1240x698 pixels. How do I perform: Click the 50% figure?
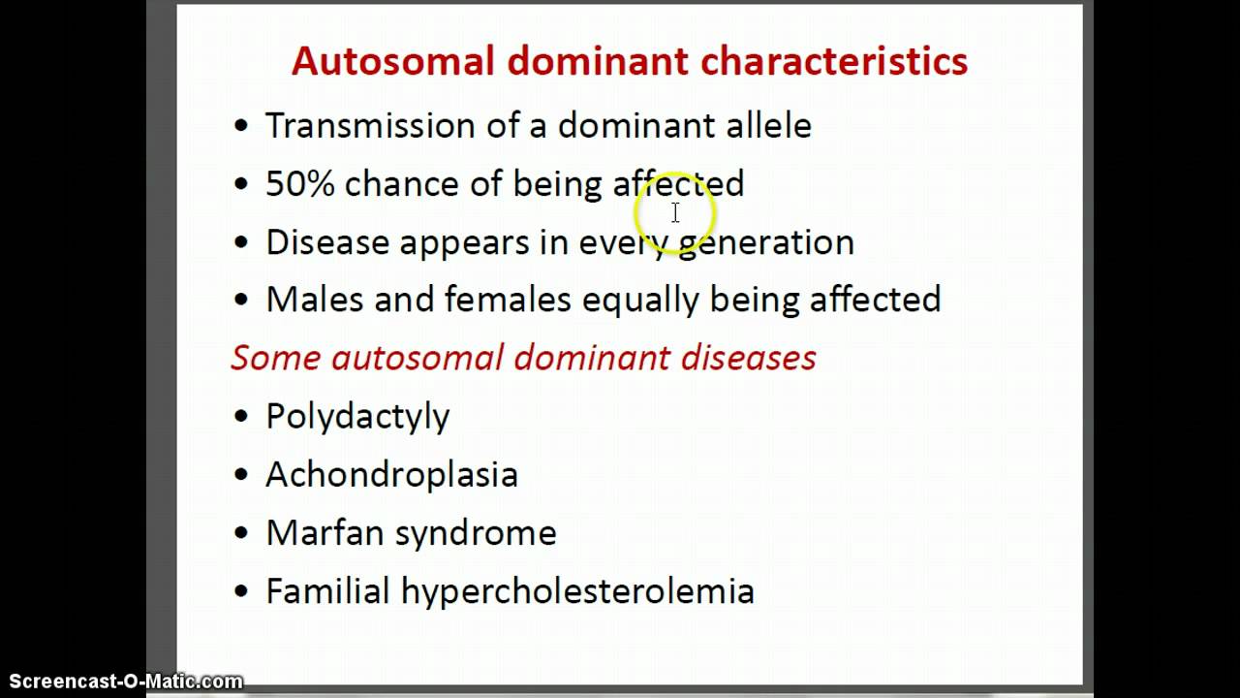click(x=299, y=184)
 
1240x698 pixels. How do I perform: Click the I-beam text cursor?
click(x=675, y=212)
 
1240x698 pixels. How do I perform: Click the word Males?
click(x=314, y=300)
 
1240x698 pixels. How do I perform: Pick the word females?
click(x=508, y=300)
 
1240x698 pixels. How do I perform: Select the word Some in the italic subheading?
click(x=275, y=358)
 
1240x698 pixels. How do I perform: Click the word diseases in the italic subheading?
click(x=748, y=358)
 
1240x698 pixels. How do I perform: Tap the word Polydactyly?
click(x=357, y=417)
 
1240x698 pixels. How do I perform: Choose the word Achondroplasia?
click(x=391, y=475)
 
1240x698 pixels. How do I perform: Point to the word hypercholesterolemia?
click(x=577, y=591)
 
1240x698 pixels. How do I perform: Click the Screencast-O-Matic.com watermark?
click(x=122, y=682)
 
